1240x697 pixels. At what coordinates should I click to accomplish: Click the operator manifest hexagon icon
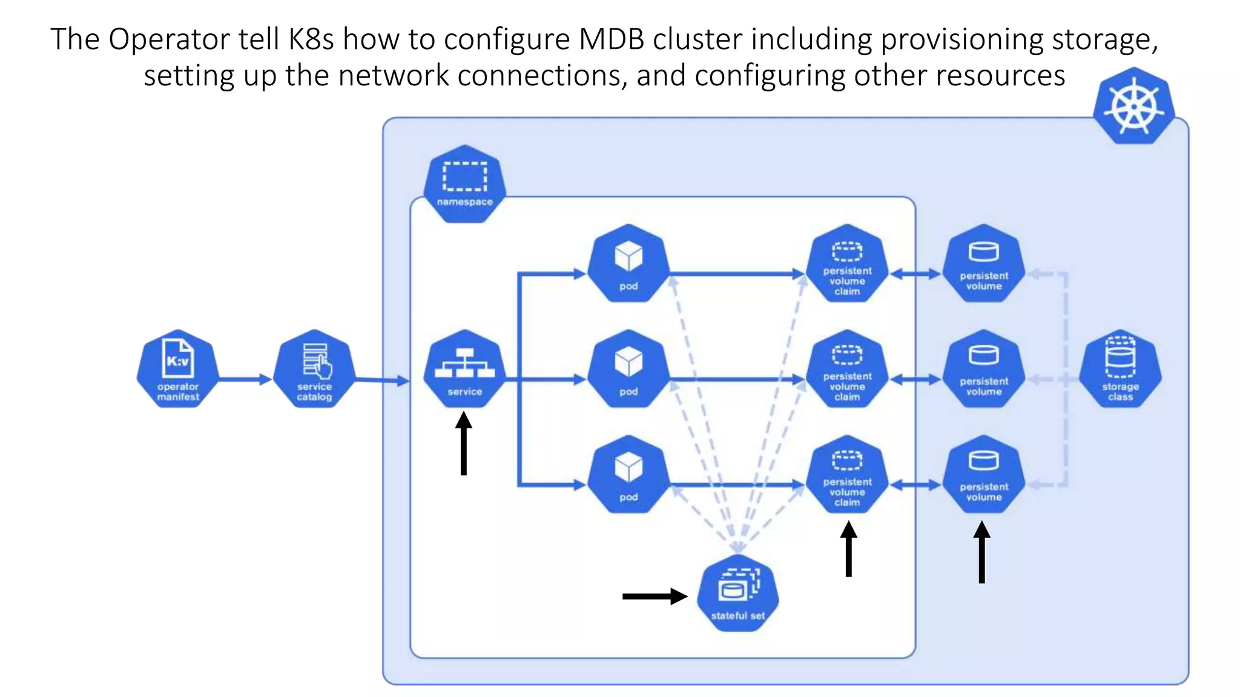(x=177, y=368)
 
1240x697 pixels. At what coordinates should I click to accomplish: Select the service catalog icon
(x=314, y=368)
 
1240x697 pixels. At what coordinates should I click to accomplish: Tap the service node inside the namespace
(x=464, y=368)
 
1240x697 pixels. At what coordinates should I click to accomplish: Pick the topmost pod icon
(x=628, y=263)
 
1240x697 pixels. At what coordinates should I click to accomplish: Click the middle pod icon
(x=628, y=368)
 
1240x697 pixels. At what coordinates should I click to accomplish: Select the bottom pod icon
(x=628, y=474)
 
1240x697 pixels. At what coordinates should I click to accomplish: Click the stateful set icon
(x=737, y=593)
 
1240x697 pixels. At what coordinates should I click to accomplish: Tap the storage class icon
(x=1120, y=368)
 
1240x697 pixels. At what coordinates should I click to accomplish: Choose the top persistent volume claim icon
(x=847, y=263)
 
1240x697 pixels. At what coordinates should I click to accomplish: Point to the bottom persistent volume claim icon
(x=847, y=474)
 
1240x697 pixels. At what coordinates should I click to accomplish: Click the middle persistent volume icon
(x=984, y=368)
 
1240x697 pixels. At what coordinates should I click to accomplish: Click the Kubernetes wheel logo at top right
(x=1133, y=106)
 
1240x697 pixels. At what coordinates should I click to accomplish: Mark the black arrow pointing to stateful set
(x=654, y=597)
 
